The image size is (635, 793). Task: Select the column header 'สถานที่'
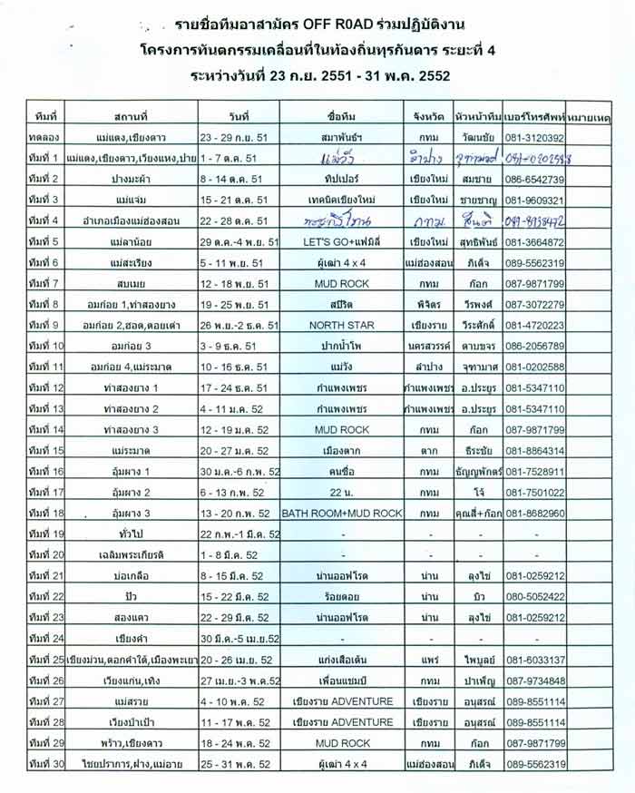132,118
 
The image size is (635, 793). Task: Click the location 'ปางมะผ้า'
132,179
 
